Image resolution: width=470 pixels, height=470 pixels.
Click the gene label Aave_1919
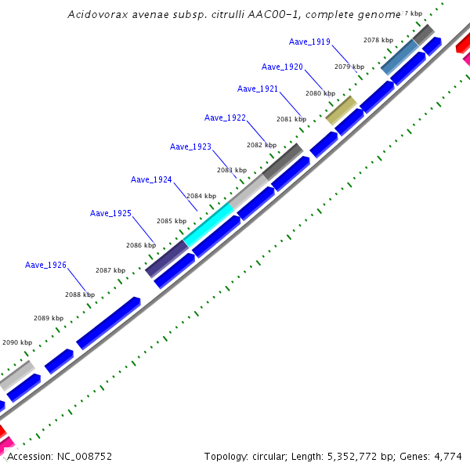pyautogui.click(x=309, y=42)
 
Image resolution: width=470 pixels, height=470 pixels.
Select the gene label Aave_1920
pyautogui.click(x=282, y=67)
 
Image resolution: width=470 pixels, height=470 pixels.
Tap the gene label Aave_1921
pyautogui.click(x=258, y=89)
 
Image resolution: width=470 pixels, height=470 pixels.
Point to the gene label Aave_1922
pyautogui.click(x=225, y=118)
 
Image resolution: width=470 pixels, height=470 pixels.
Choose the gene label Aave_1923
pyautogui.click(x=190, y=147)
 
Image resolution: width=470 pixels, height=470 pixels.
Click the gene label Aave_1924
pyautogui.click(x=151, y=180)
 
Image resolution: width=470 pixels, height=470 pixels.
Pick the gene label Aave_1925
pyautogui.click(x=110, y=214)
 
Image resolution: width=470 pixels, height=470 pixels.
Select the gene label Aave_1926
pyautogui.click(x=45, y=266)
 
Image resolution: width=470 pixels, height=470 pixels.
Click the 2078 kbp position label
pyautogui.click(x=378, y=40)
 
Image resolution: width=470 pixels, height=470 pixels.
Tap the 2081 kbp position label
pyautogui.click(x=291, y=119)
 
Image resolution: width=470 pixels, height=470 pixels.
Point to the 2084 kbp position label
pyautogui.click(x=201, y=196)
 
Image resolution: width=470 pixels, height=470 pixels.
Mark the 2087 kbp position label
pyautogui.click(x=110, y=270)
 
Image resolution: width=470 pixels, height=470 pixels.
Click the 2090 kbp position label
pyautogui.click(x=17, y=342)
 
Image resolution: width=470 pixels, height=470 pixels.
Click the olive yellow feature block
pyautogui.click(x=341, y=110)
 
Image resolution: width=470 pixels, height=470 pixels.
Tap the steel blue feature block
pyautogui.click(x=399, y=56)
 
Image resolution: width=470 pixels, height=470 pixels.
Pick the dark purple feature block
pyautogui.click(x=167, y=258)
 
